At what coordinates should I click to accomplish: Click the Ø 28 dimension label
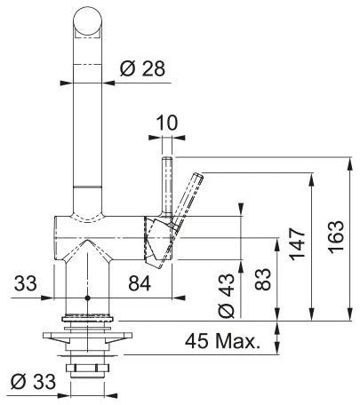pos(142,69)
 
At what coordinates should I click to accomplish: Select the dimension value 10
pos(167,123)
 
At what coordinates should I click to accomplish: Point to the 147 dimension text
pos(298,244)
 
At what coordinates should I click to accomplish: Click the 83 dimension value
pos(262,279)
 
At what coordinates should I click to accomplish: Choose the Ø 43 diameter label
pos(227,296)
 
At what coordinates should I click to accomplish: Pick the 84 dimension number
pos(140,283)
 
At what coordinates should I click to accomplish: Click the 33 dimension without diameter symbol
pos(26,283)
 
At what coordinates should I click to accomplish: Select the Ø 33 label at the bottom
pos(33,382)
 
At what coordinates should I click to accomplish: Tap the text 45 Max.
pos(222,341)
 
